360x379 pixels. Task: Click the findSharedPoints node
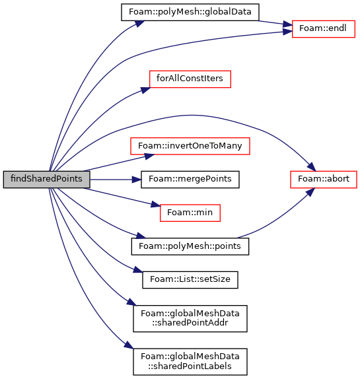click(x=46, y=180)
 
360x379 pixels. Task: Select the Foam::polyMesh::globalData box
click(x=190, y=12)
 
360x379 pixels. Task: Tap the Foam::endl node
click(x=324, y=29)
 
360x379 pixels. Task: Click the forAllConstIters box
click(x=190, y=79)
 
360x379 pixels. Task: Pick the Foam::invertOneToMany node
click(x=190, y=146)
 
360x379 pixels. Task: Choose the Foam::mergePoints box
click(x=190, y=180)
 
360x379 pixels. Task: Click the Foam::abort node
click(x=324, y=180)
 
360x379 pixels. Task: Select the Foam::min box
click(x=190, y=213)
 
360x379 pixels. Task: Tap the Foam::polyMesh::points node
click(x=190, y=246)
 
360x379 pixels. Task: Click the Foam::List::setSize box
click(x=190, y=280)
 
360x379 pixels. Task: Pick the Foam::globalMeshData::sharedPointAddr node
click(x=190, y=318)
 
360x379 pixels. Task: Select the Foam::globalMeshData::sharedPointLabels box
click(x=190, y=362)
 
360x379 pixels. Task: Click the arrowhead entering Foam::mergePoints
click(x=137, y=180)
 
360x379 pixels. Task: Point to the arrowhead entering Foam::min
click(x=156, y=205)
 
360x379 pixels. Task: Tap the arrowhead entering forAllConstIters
click(x=146, y=90)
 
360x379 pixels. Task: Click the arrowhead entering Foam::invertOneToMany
click(x=150, y=156)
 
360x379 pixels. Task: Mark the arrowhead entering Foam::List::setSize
click(x=138, y=270)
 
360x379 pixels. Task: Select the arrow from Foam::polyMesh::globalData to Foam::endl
click(x=275, y=22)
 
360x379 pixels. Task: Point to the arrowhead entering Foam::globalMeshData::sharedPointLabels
click(x=129, y=345)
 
